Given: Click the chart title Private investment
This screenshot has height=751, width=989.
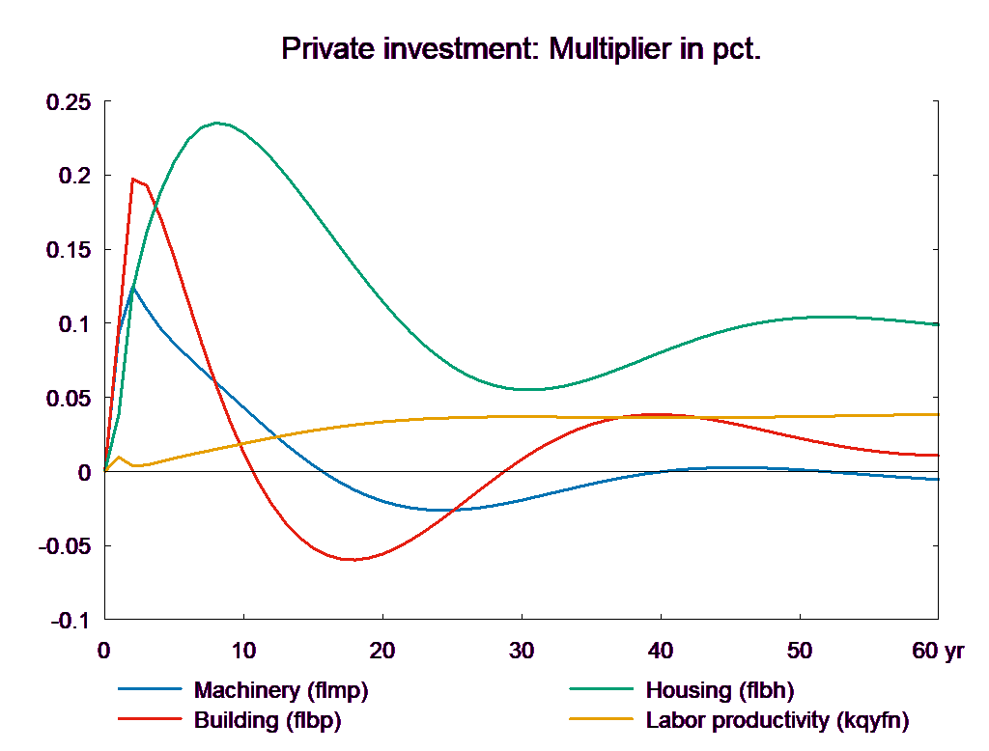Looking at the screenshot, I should coord(522,50).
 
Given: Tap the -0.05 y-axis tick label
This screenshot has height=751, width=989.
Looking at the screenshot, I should coord(64,546).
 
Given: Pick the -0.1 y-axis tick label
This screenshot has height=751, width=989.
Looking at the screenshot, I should coord(71,621).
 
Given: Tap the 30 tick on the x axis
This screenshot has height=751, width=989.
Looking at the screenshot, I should coord(521,651).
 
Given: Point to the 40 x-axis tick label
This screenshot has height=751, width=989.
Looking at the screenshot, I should coord(660,651).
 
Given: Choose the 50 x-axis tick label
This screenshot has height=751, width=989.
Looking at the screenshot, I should coord(799,651).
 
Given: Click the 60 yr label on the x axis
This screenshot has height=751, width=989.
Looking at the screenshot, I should coord(938,651).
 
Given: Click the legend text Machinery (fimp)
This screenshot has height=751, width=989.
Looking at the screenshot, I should coord(281,690).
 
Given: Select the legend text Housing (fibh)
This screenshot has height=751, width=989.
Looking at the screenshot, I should coord(719,690).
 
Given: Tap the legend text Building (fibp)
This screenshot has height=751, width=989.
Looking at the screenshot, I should coord(268,720).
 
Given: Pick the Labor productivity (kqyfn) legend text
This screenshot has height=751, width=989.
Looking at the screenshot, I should coord(777,720).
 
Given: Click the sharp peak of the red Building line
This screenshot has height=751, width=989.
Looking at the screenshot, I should coord(133,179).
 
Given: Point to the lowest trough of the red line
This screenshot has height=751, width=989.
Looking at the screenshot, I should coord(352,559).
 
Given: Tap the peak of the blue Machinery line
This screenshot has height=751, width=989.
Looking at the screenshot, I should coord(132,287).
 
